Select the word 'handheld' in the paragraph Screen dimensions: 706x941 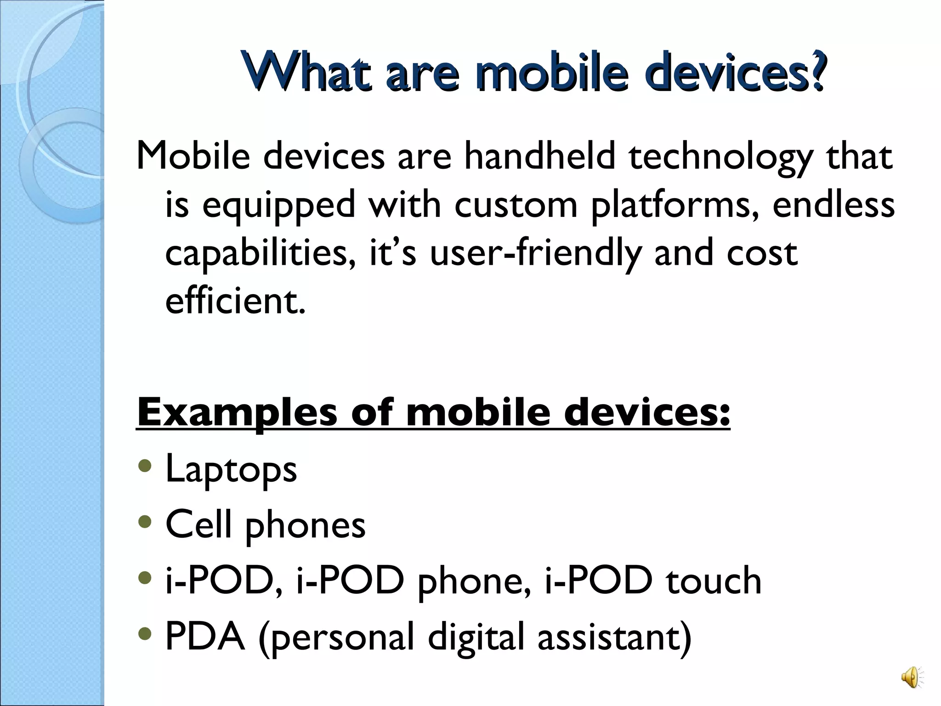click(x=539, y=156)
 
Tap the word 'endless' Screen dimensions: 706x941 click(x=833, y=205)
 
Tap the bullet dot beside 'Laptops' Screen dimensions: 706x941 click(x=145, y=467)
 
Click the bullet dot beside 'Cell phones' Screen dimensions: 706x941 click(x=145, y=523)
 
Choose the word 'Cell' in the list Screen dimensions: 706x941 click(x=198, y=524)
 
